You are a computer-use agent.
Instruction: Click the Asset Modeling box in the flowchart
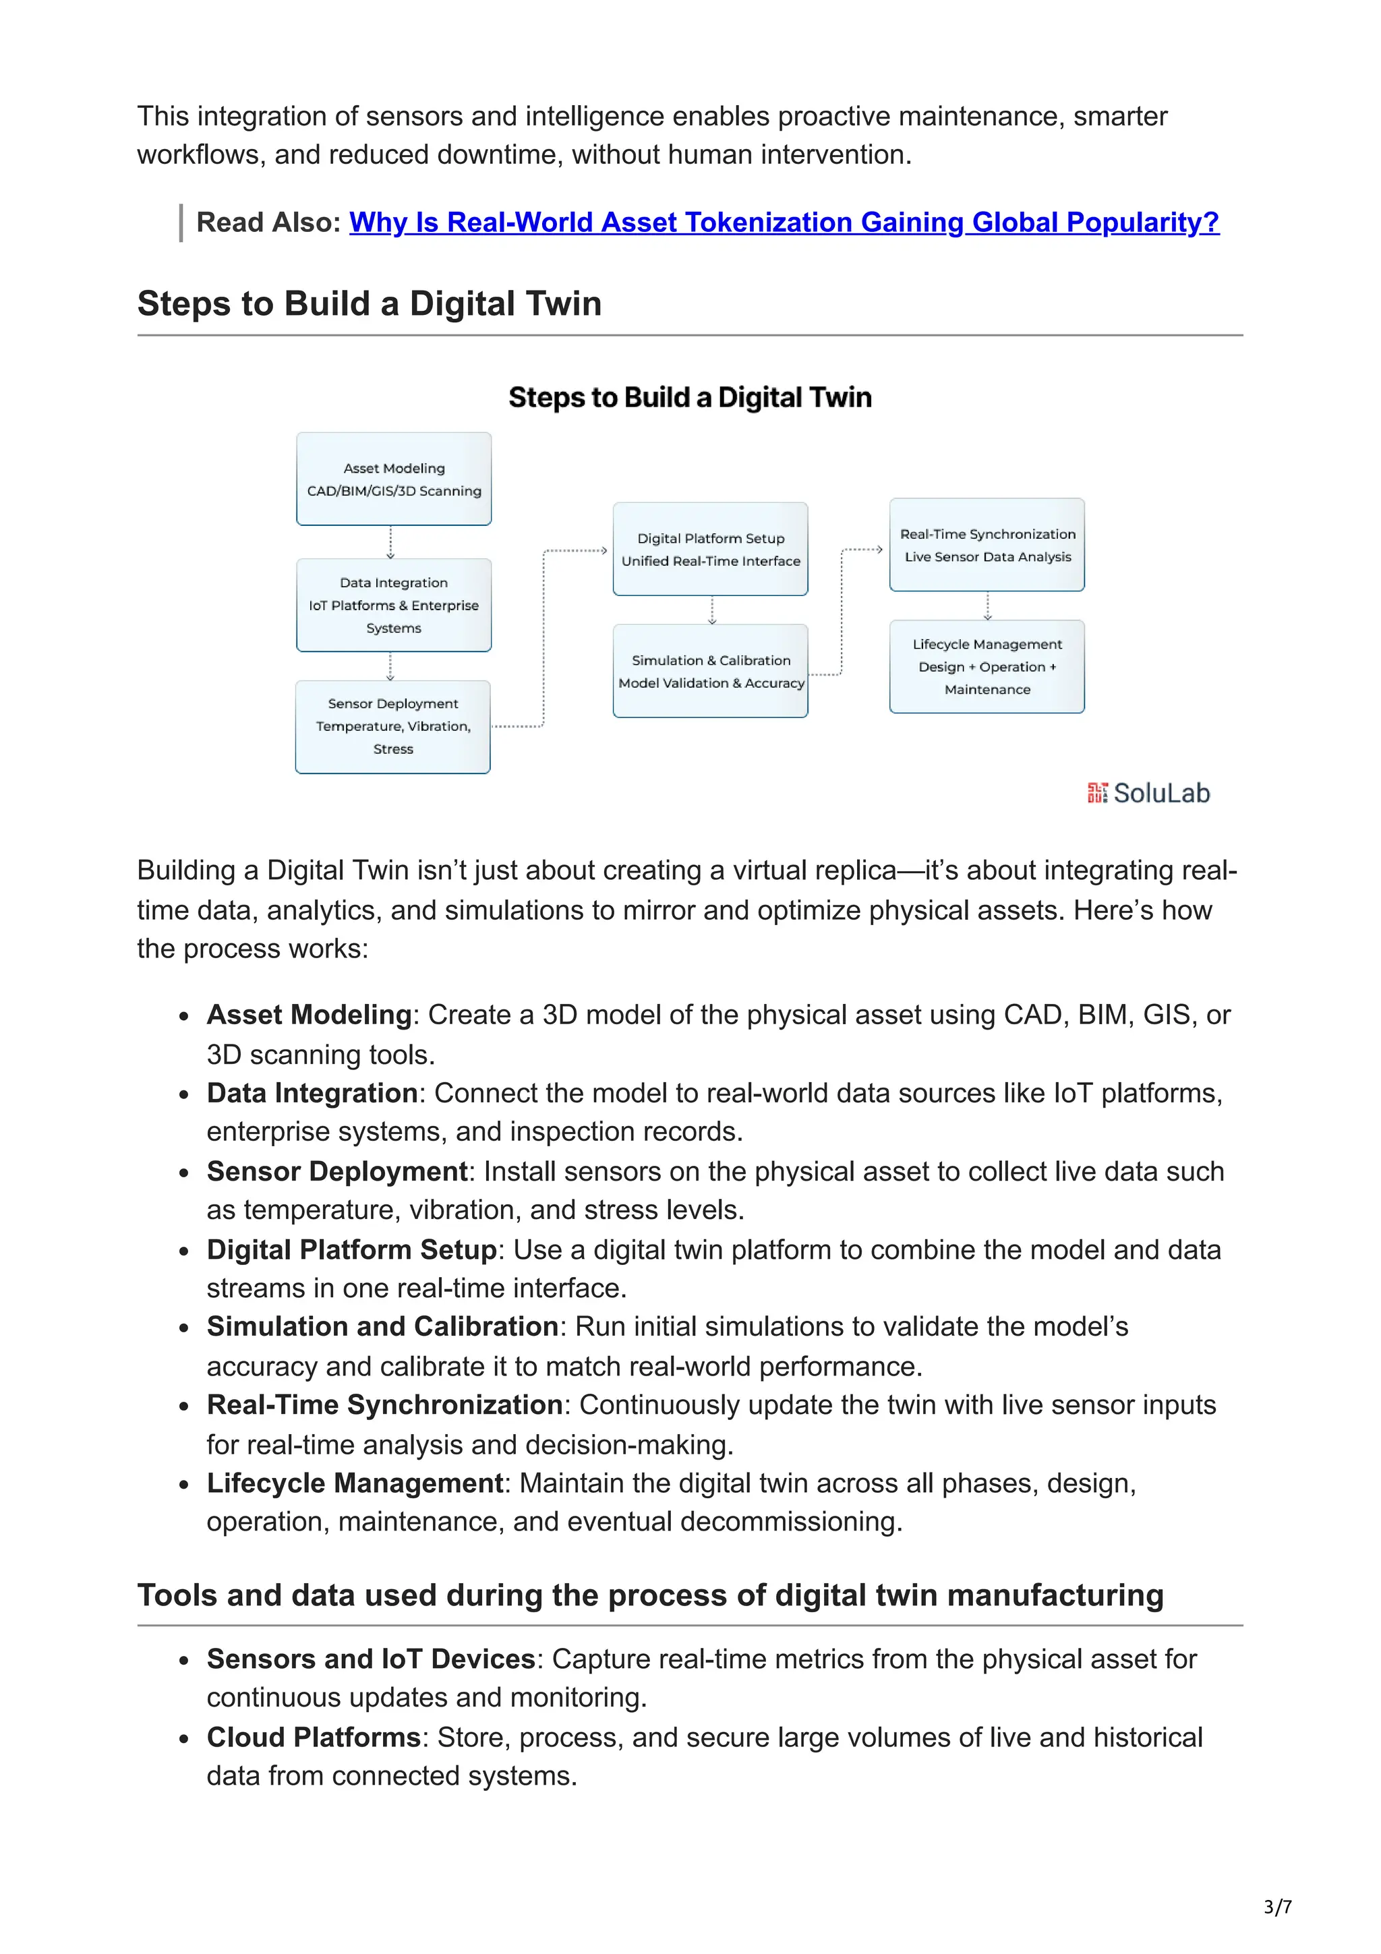click(393, 479)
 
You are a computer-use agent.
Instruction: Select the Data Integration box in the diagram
click(393, 605)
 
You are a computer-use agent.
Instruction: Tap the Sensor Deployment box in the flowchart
click(392, 727)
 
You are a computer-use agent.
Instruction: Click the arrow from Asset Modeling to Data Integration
click(390, 542)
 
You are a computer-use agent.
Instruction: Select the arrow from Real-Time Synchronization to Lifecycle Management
click(987, 606)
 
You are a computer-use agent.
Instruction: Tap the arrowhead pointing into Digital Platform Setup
click(604, 551)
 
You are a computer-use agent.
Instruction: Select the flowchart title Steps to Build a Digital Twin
click(689, 397)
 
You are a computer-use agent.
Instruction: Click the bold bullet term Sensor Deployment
click(337, 1171)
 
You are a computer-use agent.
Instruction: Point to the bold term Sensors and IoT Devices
click(370, 1659)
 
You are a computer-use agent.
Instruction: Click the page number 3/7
click(1277, 1907)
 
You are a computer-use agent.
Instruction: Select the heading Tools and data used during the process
click(650, 1595)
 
